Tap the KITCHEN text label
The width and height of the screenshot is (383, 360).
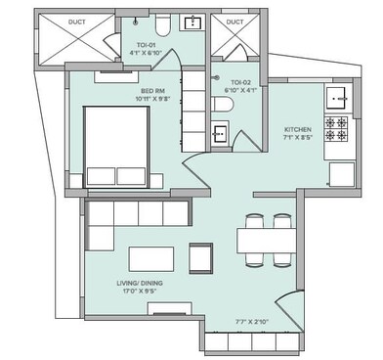[298, 129]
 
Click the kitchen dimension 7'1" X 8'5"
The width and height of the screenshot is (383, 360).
[298, 138]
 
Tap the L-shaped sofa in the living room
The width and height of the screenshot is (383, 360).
[127, 220]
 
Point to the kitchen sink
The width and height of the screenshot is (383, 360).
[338, 97]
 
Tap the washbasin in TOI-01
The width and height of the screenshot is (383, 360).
[191, 23]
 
